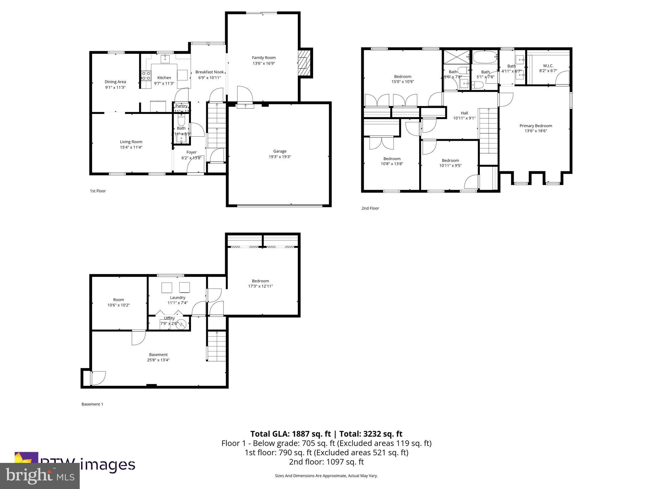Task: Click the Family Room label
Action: [x=263, y=58]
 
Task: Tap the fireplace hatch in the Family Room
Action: [x=304, y=63]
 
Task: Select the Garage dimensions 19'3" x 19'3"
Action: [x=280, y=157]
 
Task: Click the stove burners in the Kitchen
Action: [x=146, y=75]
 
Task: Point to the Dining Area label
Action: [x=115, y=82]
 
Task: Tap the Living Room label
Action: [x=131, y=142]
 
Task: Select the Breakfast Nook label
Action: [x=209, y=72]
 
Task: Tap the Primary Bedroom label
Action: [x=536, y=126]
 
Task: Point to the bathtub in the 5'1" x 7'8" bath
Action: [x=485, y=57]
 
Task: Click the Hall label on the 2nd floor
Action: [x=464, y=113]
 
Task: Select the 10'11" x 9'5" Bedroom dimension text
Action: [x=450, y=166]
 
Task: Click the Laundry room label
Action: [x=178, y=298]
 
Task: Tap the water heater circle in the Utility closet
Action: [x=182, y=324]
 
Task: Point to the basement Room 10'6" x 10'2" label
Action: [x=118, y=300]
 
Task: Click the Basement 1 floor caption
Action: [x=92, y=404]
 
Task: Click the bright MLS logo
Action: [x=40, y=476]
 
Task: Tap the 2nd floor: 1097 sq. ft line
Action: [x=326, y=462]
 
